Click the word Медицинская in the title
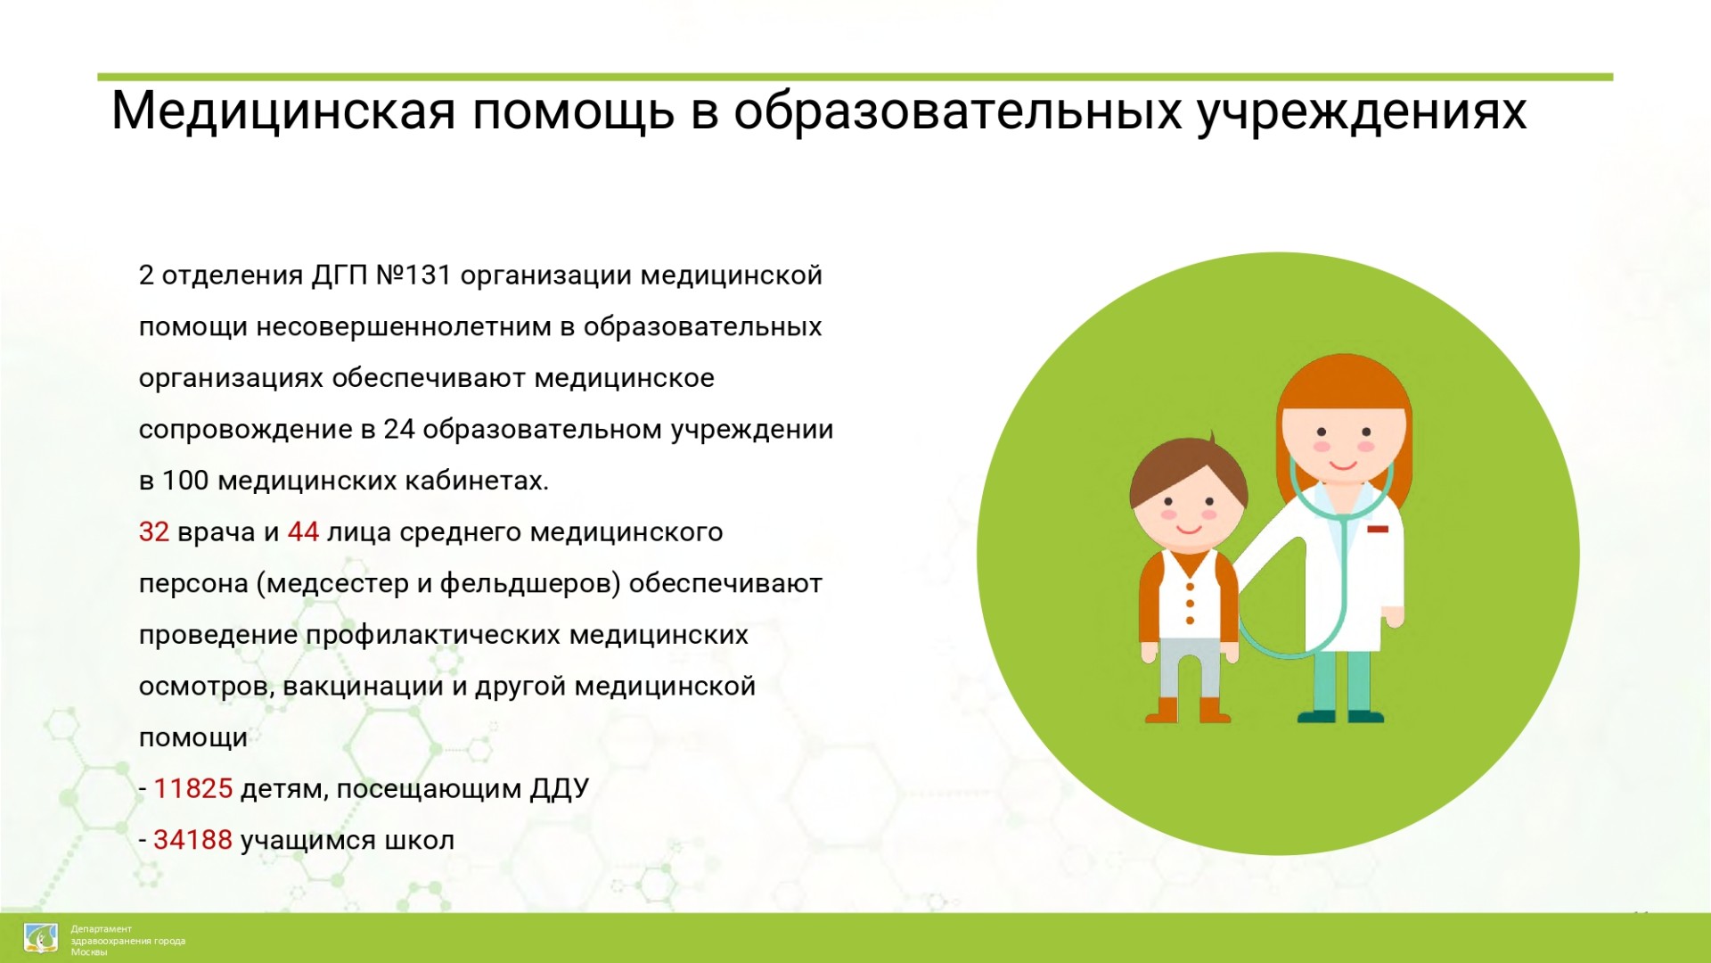coord(283,112)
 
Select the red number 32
coord(154,532)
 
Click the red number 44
coord(303,532)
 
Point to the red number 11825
coord(193,789)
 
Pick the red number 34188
coord(193,840)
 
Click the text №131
coord(413,276)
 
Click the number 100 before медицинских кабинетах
coord(185,481)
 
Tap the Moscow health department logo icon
coord(40,938)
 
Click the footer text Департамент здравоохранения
coord(128,934)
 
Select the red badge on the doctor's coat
coord(1378,530)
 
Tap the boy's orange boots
coord(1188,710)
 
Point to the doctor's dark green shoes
coord(1340,716)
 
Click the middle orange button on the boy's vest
coord(1190,604)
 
